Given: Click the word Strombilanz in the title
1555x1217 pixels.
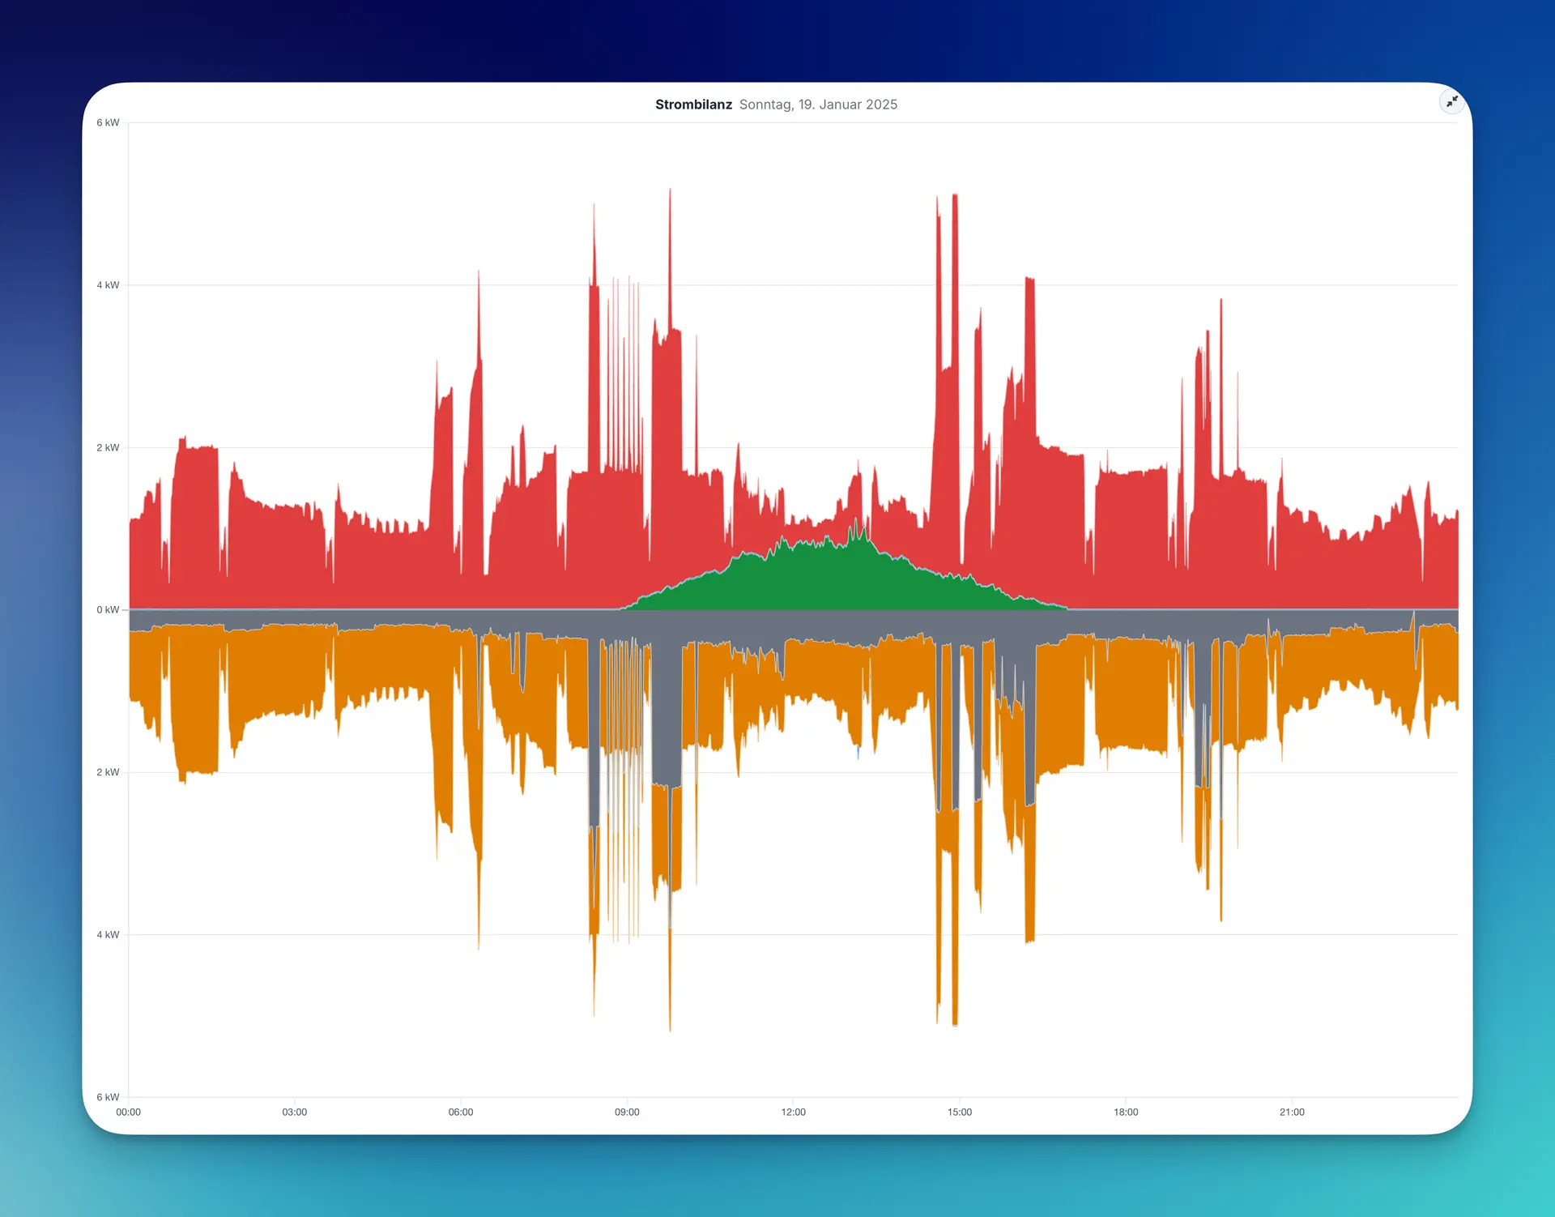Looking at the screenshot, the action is pyautogui.click(x=693, y=105).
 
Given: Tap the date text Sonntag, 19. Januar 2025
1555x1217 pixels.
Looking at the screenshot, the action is pyautogui.click(x=818, y=105).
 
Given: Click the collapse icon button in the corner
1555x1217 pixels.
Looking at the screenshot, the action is pyautogui.click(x=1452, y=101).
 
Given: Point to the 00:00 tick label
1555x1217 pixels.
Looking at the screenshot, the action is pyautogui.click(x=128, y=1112).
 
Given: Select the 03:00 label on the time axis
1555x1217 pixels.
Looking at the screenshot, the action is pyautogui.click(x=295, y=1112).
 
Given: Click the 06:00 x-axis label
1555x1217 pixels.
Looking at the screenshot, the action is pyautogui.click(x=461, y=1112).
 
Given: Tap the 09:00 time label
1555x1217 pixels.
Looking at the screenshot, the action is pyautogui.click(x=627, y=1112).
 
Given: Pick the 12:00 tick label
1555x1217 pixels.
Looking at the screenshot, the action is pyautogui.click(x=794, y=1112).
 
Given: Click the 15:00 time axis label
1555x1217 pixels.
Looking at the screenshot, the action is pyautogui.click(x=960, y=1112).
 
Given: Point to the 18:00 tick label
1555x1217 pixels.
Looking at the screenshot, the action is pyautogui.click(x=1126, y=1112).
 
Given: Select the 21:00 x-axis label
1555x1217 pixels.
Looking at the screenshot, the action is pyautogui.click(x=1292, y=1112).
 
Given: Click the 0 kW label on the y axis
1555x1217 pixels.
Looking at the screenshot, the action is pyautogui.click(x=108, y=609).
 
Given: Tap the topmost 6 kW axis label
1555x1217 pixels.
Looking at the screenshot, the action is pyautogui.click(x=108, y=122).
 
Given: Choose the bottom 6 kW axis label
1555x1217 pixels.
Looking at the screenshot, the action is pyautogui.click(x=108, y=1097).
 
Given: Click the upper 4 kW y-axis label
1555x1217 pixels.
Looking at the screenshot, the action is pyautogui.click(x=108, y=285).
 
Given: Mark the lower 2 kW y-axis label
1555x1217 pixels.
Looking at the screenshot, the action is pyautogui.click(x=108, y=772).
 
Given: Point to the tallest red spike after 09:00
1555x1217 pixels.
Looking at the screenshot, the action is pyautogui.click(x=670, y=191).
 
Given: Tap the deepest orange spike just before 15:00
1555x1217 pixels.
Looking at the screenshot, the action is pyautogui.click(x=955, y=1023).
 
